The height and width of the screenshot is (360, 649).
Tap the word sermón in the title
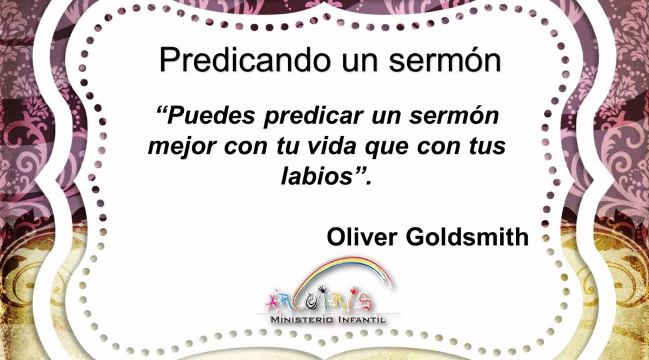(445, 61)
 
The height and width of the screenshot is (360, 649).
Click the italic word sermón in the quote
(454, 116)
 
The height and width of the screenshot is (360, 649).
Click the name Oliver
(362, 237)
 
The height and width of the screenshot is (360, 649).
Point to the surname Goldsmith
(467, 237)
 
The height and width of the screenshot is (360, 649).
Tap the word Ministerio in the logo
(302, 319)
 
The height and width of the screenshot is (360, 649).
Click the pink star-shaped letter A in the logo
(273, 302)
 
